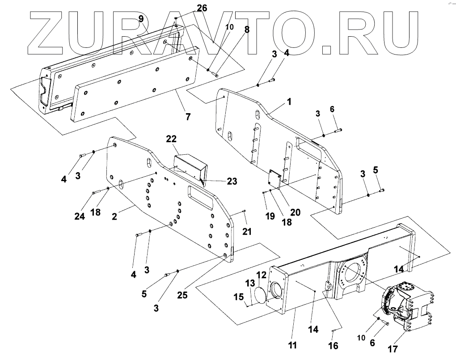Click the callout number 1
(x=290, y=102)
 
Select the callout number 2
(x=114, y=216)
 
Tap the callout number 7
(x=188, y=117)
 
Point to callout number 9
(x=141, y=18)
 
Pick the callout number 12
(x=261, y=274)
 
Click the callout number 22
(x=172, y=139)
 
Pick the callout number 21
(x=247, y=231)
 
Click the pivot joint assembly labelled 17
(x=405, y=309)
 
